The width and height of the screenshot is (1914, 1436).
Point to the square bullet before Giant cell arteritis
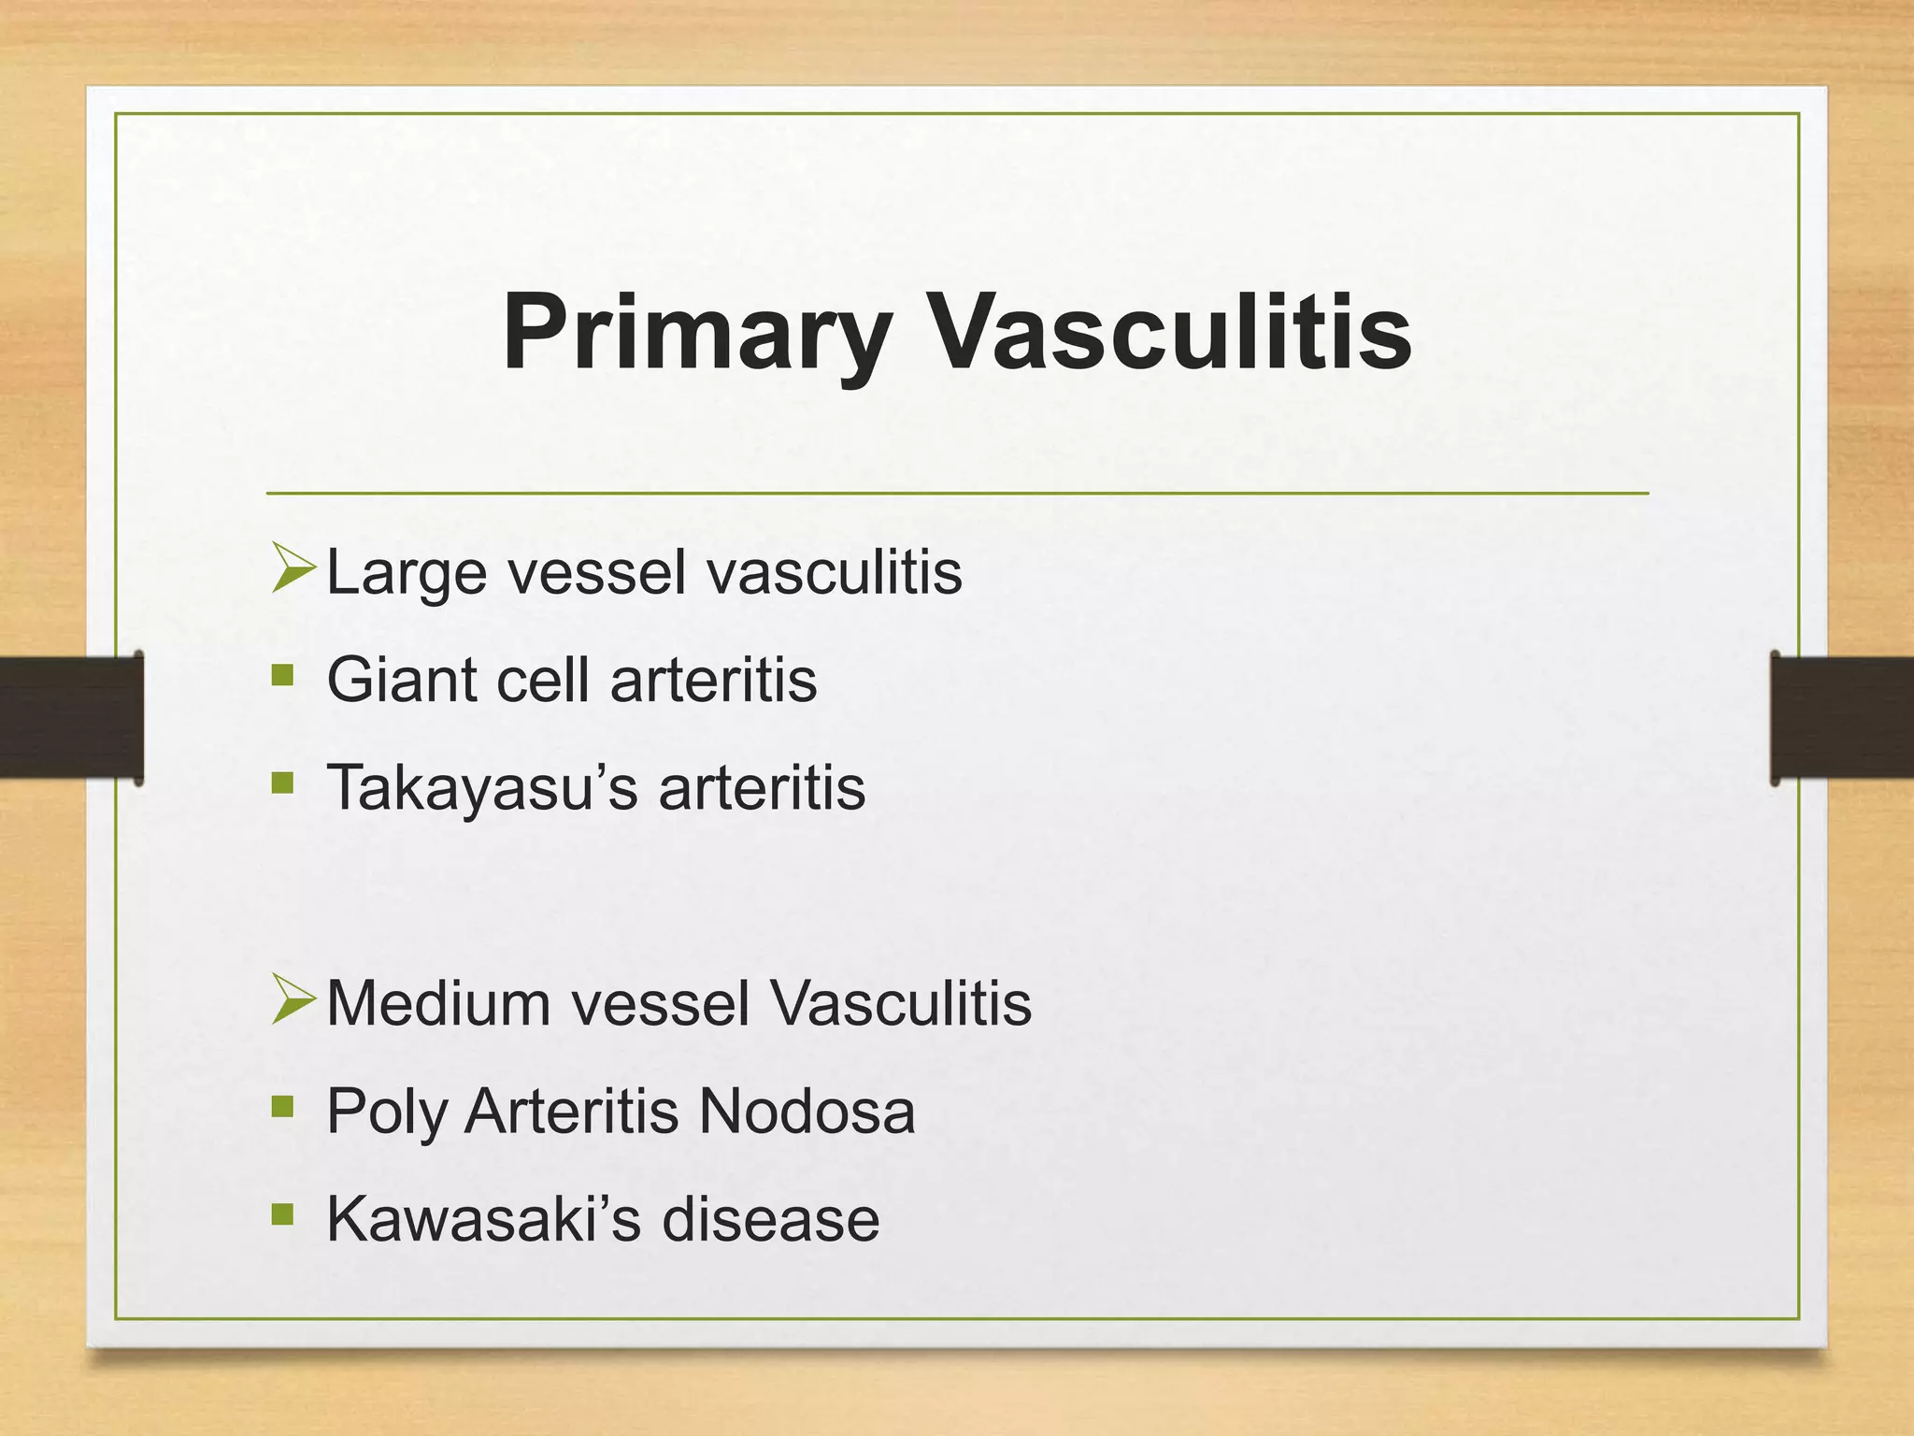click(x=282, y=675)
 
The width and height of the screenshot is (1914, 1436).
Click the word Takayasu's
click(x=482, y=787)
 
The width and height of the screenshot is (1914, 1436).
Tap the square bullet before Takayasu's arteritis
click(x=282, y=783)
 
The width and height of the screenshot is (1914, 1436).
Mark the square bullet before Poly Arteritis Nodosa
click(x=282, y=1107)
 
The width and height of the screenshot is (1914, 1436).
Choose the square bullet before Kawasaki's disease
click(x=282, y=1214)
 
